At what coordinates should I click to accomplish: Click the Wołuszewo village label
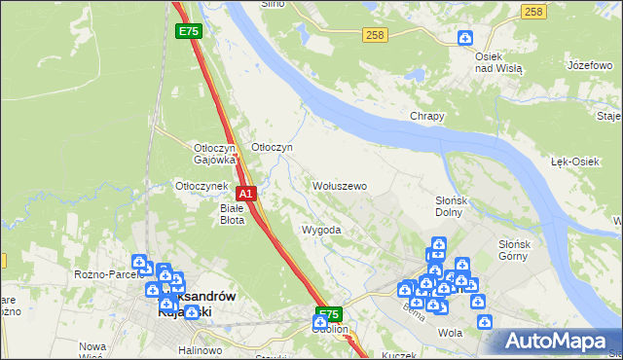339,186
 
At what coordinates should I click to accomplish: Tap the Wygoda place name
321,231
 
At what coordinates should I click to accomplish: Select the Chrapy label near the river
426,117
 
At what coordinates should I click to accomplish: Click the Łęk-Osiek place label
574,162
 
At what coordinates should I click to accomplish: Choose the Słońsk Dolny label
453,206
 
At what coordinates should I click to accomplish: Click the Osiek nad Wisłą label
498,63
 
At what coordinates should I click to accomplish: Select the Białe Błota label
232,214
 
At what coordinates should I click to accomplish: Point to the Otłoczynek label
201,186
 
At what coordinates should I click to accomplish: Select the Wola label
450,332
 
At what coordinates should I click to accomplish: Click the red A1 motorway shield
247,194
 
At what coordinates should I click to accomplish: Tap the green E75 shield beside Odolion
329,315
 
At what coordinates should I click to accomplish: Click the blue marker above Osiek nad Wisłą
465,38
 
